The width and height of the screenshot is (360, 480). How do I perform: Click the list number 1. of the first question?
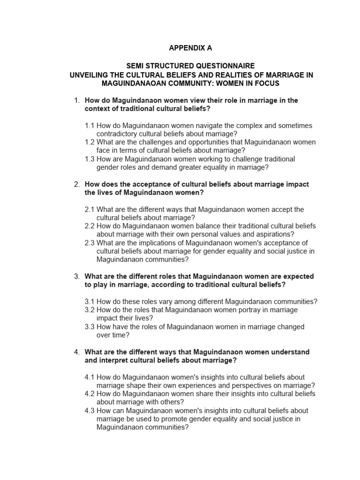click(x=77, y=100)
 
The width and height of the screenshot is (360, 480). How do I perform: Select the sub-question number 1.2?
click(x=90, y=142)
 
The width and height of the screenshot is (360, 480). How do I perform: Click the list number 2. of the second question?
click(x=77, y=184)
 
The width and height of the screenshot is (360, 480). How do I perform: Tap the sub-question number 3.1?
click(x=90, y=301)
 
